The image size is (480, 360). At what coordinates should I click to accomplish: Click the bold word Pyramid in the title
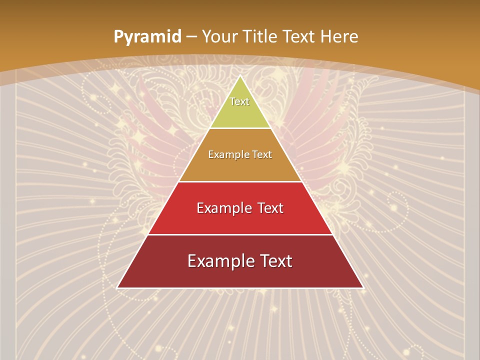147,36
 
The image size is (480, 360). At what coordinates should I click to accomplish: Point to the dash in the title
191,37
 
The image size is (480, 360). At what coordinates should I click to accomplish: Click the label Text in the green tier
239,101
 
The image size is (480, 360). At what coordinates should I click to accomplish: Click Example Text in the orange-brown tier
240,154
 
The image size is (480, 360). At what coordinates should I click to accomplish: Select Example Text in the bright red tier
240,208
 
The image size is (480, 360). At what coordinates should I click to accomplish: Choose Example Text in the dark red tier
240,261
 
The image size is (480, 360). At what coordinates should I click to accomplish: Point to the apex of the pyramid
240,76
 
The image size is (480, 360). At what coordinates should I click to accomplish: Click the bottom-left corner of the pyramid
117,287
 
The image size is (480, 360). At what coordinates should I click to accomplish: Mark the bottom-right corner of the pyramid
362,287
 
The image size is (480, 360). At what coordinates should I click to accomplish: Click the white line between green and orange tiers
240,128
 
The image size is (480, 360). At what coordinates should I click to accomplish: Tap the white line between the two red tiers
240,234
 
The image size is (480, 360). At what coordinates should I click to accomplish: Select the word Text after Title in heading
299,36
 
